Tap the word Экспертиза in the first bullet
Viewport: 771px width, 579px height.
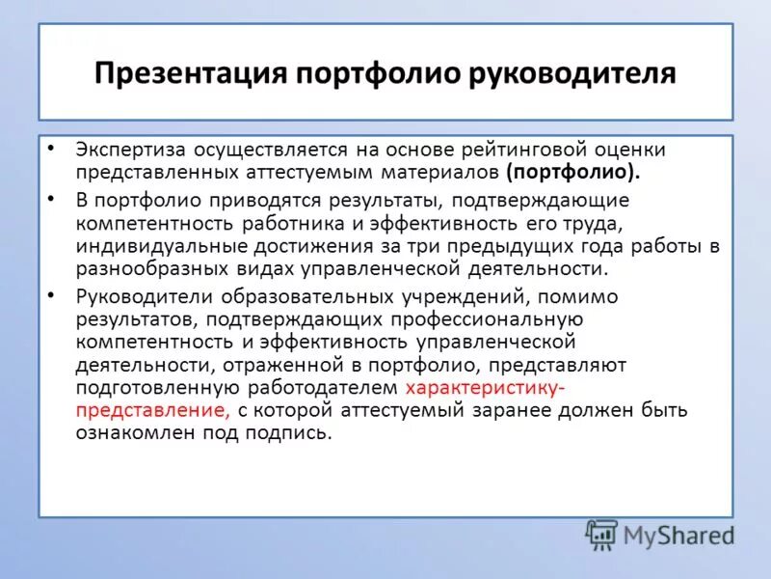tap(129, 151)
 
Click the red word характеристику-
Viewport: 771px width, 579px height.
tap(486, 387)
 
